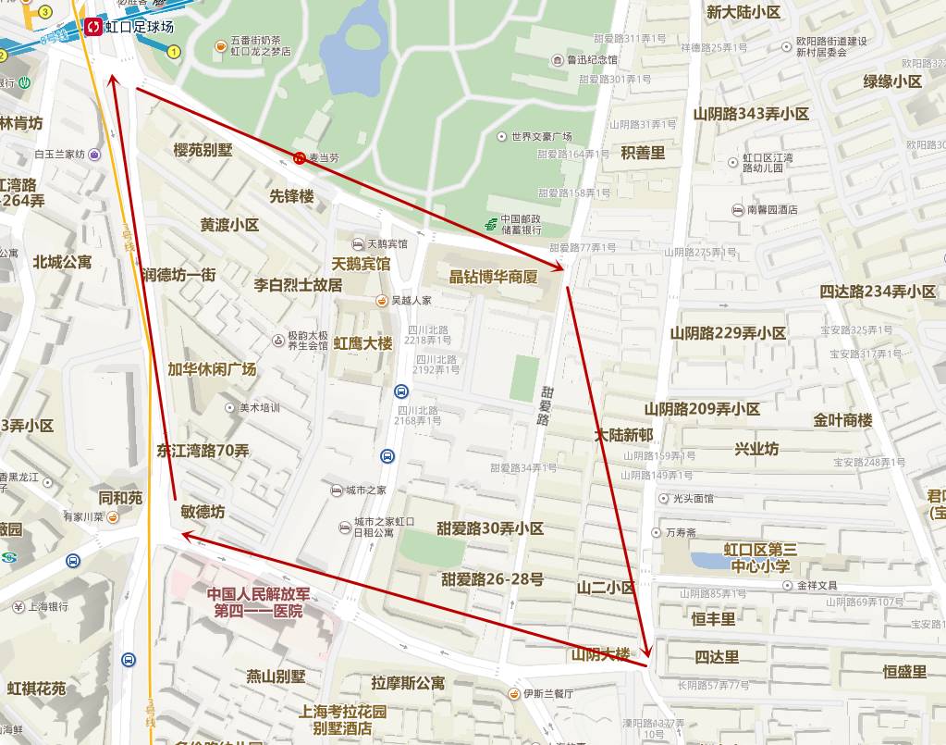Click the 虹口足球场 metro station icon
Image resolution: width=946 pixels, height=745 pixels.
pyautogui.click(x=92, y=27)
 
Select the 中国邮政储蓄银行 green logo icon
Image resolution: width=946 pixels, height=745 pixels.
pyautogui.click(x=492, y=224)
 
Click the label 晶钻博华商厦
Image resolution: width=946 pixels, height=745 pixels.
pyautogui.click(x=493, y=277)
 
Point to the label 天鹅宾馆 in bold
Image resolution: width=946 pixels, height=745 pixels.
pyautogui.click(x=362, y=264)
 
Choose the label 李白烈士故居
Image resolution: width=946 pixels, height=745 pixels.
pyautogui.click(x=298, y=285)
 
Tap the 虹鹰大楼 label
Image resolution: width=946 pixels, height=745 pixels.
pyautogui.click(x=363, y=343)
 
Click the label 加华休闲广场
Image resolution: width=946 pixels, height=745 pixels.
pyautogui.click(x=212, y=368)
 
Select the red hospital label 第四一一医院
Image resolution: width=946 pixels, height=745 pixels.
pyautogui.click(x=258, y=611)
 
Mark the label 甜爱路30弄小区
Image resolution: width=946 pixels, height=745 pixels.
pyautogui.click(x=490, y=528)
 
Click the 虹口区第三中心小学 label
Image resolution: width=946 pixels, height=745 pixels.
pyautogui.click(x=760, y=558)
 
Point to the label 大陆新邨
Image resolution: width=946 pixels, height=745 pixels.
pyautogui.click(x=623, y=435)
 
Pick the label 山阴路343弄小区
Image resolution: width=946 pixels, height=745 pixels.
pyautogui.click(x=751, y=114)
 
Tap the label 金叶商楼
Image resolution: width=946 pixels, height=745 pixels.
pyautogui.click(x=842, y=420)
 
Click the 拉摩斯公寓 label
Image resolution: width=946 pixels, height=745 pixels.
pyautogui.click(x=408, y=683)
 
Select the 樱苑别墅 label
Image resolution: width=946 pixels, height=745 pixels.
pyautogui.click(x=203, y=150)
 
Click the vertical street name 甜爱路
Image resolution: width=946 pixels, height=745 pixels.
pyautogui.click(x=545, y=404)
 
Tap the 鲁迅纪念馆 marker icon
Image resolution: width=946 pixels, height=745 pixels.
pyautogui.click(x=557, y=60)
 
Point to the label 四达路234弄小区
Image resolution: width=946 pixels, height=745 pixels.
pyautogui.click(x=878, y=292)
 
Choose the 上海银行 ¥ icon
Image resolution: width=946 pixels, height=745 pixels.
pyautogui.click(x=18, y=607)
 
